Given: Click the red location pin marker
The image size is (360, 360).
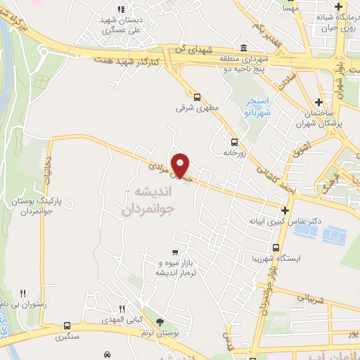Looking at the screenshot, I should click(x=181, y=165).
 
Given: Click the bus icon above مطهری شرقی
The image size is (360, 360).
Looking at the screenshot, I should click(x=197, y=98).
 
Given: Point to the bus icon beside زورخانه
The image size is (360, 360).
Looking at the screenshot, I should click(x=225, y=141).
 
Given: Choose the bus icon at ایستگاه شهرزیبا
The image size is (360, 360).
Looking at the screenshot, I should click(x=277, y=247).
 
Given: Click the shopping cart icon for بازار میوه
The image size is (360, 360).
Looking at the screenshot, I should click(x=174, y=252).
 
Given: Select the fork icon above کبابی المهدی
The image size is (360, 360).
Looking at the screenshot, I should click(x=122, y=309).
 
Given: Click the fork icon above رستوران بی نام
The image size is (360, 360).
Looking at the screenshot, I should click(x=22, y=293).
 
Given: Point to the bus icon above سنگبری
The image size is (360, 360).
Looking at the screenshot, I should click(x=67, y=326).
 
